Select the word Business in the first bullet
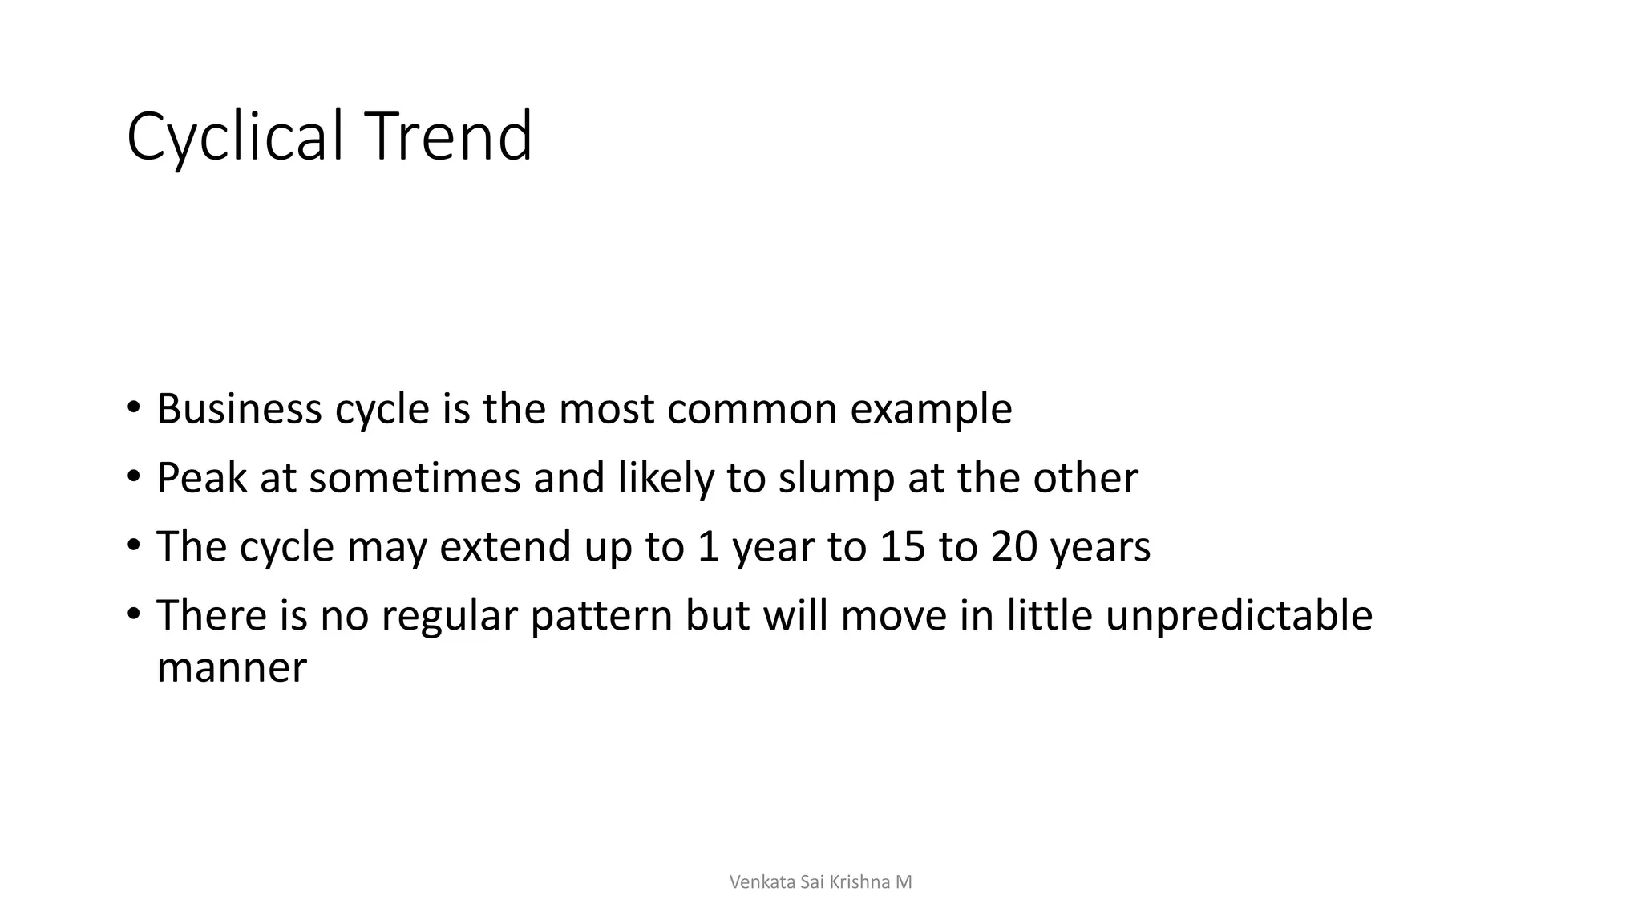click(x=239, y=409)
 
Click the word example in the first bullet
click(x=931, y=411)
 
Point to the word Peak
click(x=202, y=478)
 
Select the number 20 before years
click(x=1014, y=547)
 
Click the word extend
click(x=505, y=547)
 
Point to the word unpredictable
click(x=1239, y=617)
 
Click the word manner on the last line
click(x=232, y=668)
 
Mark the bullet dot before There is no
click(x=133, y=614)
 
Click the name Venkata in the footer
click(x=762, y=882)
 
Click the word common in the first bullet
click(x=751, y=411)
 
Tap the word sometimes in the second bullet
click(x=415, y=478)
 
